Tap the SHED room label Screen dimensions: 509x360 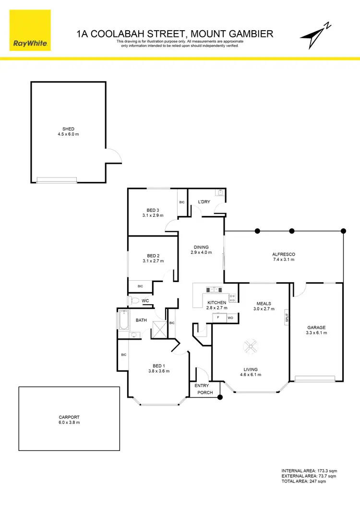pos(68,129)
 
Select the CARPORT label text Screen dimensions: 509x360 pos(69,417)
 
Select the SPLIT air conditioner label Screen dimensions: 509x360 pos(287,317)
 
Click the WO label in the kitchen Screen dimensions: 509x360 pos(230,318)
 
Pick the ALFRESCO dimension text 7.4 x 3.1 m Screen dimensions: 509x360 pos(284,260)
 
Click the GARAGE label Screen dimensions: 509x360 pos(316,328)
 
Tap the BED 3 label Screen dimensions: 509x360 pos(153,210)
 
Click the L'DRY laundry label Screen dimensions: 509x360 pos(204,202)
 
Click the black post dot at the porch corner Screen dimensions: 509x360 pos(220,397)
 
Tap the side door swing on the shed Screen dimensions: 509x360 pos(112,155)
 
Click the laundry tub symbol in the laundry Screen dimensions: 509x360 pos(219,193)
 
